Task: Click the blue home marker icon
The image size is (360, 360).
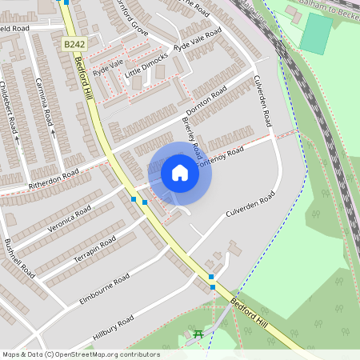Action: point(180,173)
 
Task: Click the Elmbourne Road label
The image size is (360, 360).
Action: point(104,287)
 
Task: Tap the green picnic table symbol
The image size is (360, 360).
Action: point(197,333)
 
